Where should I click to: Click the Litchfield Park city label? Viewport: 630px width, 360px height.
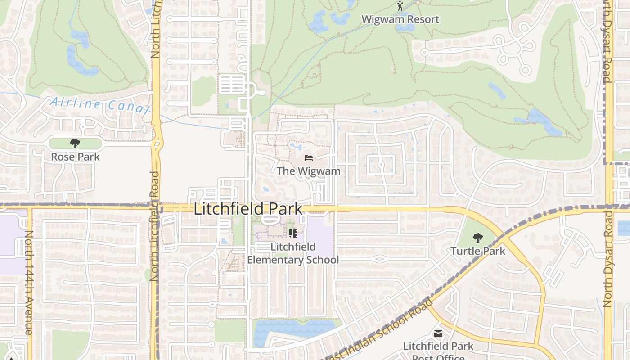click(248, 209)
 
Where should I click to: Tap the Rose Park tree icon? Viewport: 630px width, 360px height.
click(75, 144)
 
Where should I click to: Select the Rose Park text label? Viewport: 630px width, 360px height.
click(75, 157)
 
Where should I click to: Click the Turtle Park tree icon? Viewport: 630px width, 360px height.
click(478, 238)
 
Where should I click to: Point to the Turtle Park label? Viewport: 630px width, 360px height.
click(478, 251)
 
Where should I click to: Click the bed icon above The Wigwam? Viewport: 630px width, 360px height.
click(309, 158)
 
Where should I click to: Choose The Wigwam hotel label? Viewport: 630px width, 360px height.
click(309, 171)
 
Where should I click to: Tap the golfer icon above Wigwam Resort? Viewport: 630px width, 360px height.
click(400, 6)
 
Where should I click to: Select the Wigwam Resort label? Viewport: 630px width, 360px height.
click(400, 19)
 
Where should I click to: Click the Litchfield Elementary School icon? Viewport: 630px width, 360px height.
click(293, 233)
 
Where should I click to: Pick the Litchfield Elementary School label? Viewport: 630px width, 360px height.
click(293, 253)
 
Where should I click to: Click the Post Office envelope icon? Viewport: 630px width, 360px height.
click(438, 333)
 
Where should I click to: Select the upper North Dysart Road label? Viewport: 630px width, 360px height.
click(607, 43)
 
